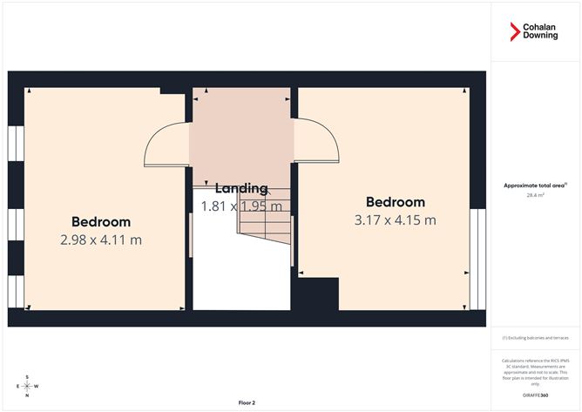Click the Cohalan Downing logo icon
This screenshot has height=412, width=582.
[514, 32]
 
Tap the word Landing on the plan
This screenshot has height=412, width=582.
[241, 188]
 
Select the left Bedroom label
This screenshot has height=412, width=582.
[101, 221]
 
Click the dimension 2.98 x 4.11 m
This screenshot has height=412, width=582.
[101, 239]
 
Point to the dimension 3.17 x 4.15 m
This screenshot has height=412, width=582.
[396, 220]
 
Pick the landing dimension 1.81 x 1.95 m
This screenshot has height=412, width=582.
[241, 206]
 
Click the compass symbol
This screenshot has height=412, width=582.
[28, 385]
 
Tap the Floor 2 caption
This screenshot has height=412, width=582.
[249, 403]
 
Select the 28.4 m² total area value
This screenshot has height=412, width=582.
[535, 196]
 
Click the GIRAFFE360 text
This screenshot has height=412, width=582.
[535, 395]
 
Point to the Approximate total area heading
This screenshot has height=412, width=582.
[534, 186]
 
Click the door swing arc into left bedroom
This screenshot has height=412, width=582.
[166, 144]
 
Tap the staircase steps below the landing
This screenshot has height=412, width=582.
[264, 226]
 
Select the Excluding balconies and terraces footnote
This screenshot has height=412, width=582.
[535, 338]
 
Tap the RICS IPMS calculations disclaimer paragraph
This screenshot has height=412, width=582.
[535, 371]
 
